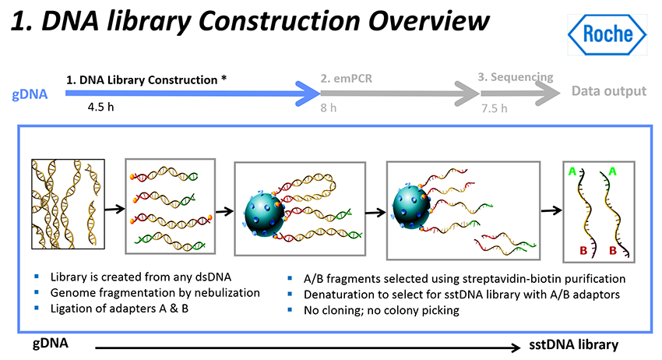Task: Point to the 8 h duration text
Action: pos(328,108)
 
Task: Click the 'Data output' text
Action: pos(608,91)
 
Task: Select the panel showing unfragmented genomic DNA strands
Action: pos(68,204)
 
